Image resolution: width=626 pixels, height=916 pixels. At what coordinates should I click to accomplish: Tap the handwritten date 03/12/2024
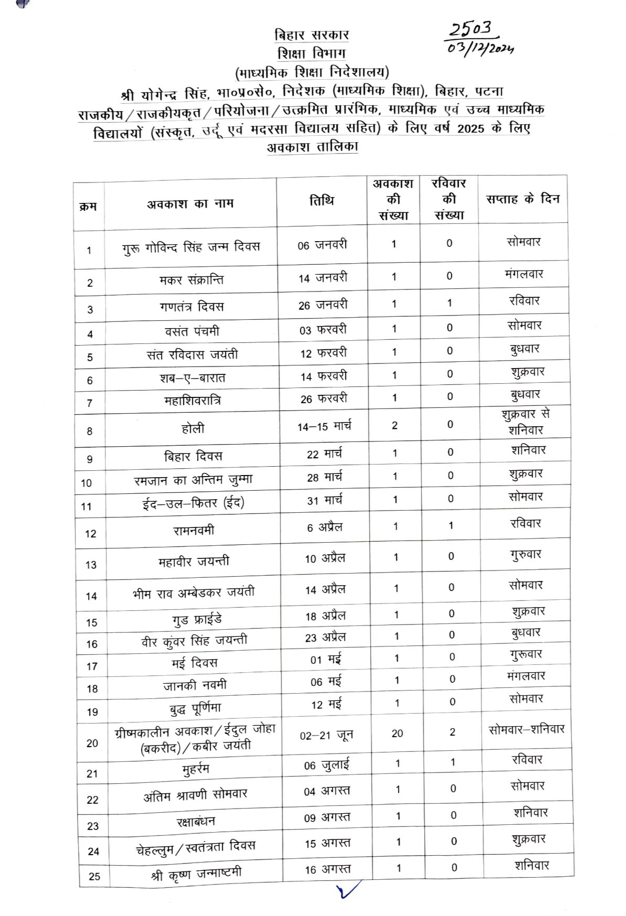click(480, 48)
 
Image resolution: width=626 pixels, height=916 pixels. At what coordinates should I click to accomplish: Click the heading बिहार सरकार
click(311, 35)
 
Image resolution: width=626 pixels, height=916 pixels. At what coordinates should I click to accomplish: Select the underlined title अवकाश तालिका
click(312, 147)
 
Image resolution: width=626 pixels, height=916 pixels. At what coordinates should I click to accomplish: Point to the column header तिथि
click(321, 201)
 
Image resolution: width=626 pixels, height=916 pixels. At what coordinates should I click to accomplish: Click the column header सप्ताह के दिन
click(523, 199)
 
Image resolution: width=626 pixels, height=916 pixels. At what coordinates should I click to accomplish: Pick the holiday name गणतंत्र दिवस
click(192, 306)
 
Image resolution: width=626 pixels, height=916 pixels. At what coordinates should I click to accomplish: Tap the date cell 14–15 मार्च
click(324, 426)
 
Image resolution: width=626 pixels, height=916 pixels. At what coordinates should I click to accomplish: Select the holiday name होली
click(192, 428)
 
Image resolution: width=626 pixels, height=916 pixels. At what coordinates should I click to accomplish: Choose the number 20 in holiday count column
click(397, 733)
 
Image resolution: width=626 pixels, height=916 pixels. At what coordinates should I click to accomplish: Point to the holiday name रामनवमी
click(193, 530)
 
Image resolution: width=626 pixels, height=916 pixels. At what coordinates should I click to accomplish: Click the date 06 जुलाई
click(326, 765)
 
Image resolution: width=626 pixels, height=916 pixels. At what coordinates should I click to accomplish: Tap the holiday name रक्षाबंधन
click(196, 821)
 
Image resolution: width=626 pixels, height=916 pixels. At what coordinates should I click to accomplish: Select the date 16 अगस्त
click(328, 869)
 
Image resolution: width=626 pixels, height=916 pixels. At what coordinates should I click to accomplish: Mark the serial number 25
click(94, 876)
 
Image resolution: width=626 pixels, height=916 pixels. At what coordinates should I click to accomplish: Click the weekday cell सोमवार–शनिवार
click(526, 729)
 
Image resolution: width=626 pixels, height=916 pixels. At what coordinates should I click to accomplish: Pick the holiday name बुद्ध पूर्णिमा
click(195, 708)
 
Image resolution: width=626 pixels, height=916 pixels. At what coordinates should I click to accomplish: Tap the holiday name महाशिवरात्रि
click(192, 401)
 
